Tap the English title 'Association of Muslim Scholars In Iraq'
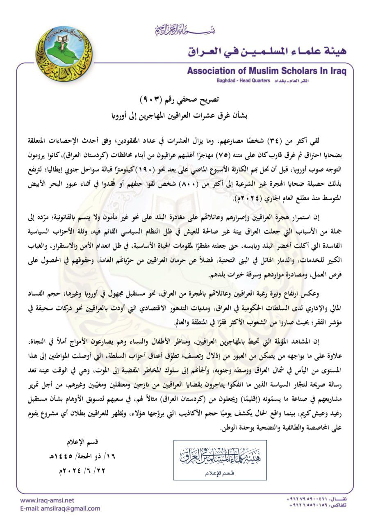266,71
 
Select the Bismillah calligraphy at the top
185,30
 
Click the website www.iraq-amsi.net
47,500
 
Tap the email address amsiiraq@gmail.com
60,509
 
